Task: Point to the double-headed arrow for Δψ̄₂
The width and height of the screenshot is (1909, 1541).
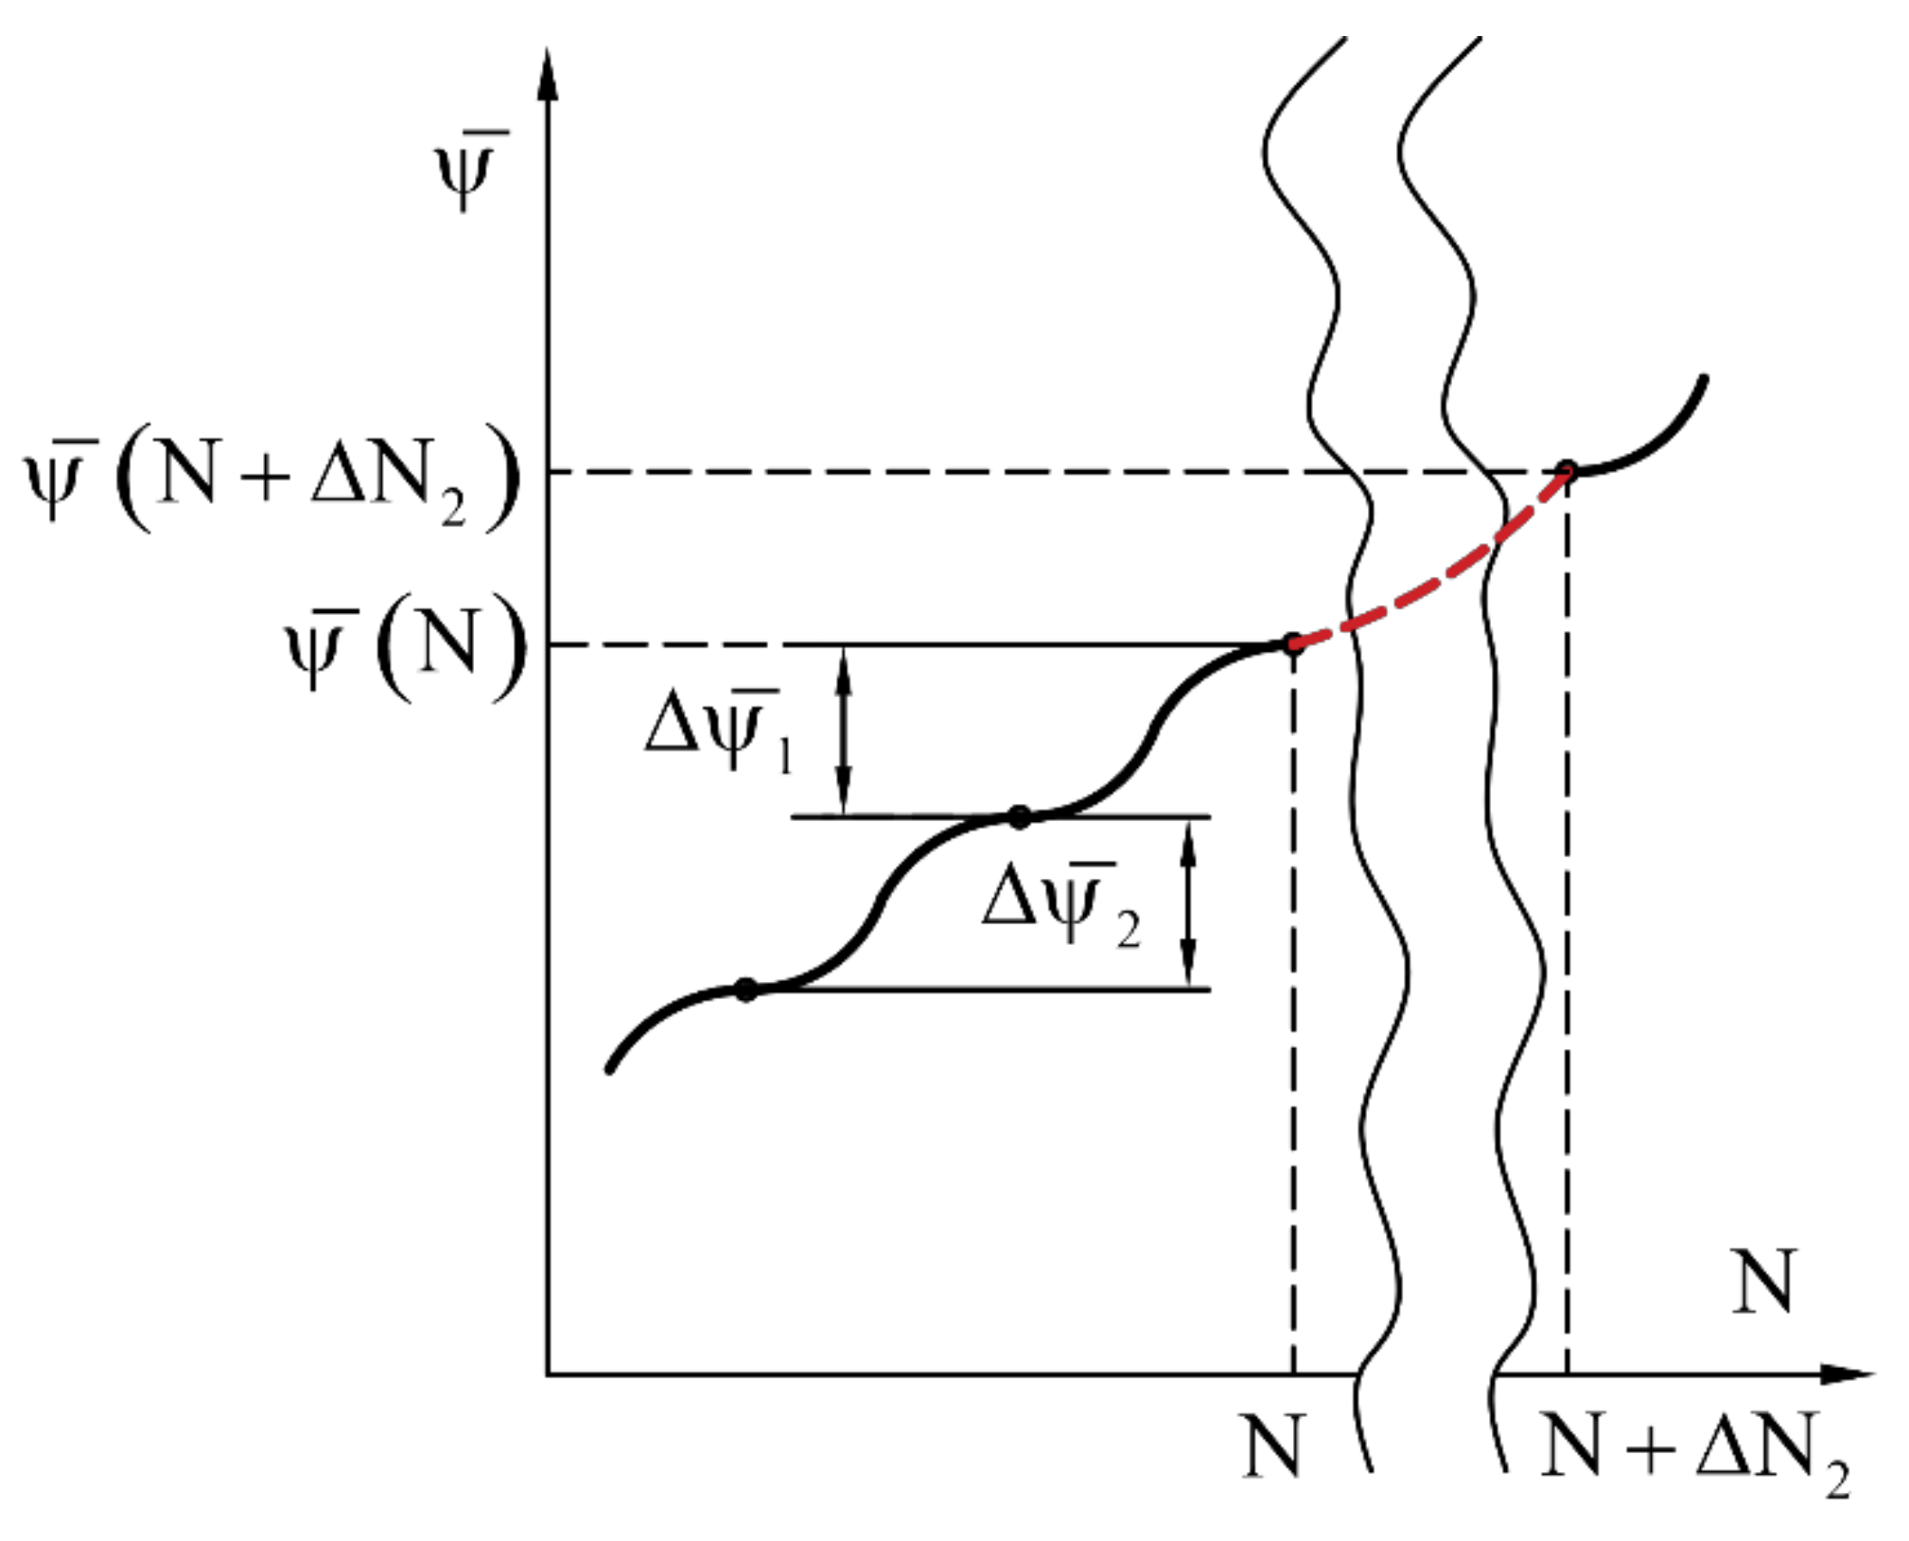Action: pyautogui.click(x=1189, y=903)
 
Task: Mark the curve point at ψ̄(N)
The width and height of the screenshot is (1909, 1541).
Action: pyautogui.click(x=1292, y=645)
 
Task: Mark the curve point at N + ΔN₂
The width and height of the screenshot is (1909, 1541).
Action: pyautogui.click(x=1567, y=469)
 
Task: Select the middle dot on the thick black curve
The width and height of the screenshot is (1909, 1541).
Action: pyautogui.click(x=1019, y=816)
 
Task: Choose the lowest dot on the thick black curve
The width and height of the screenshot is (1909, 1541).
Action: pyautogui.click(x=746, y=989)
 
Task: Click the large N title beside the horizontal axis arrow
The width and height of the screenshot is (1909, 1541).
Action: pyautogui.click(x=1762, y=1282)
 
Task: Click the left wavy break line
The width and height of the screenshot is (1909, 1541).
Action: pyautogui.click(x=1334, y=284)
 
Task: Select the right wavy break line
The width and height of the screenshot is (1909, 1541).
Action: pyautogui.click(x=1469, y=284)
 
